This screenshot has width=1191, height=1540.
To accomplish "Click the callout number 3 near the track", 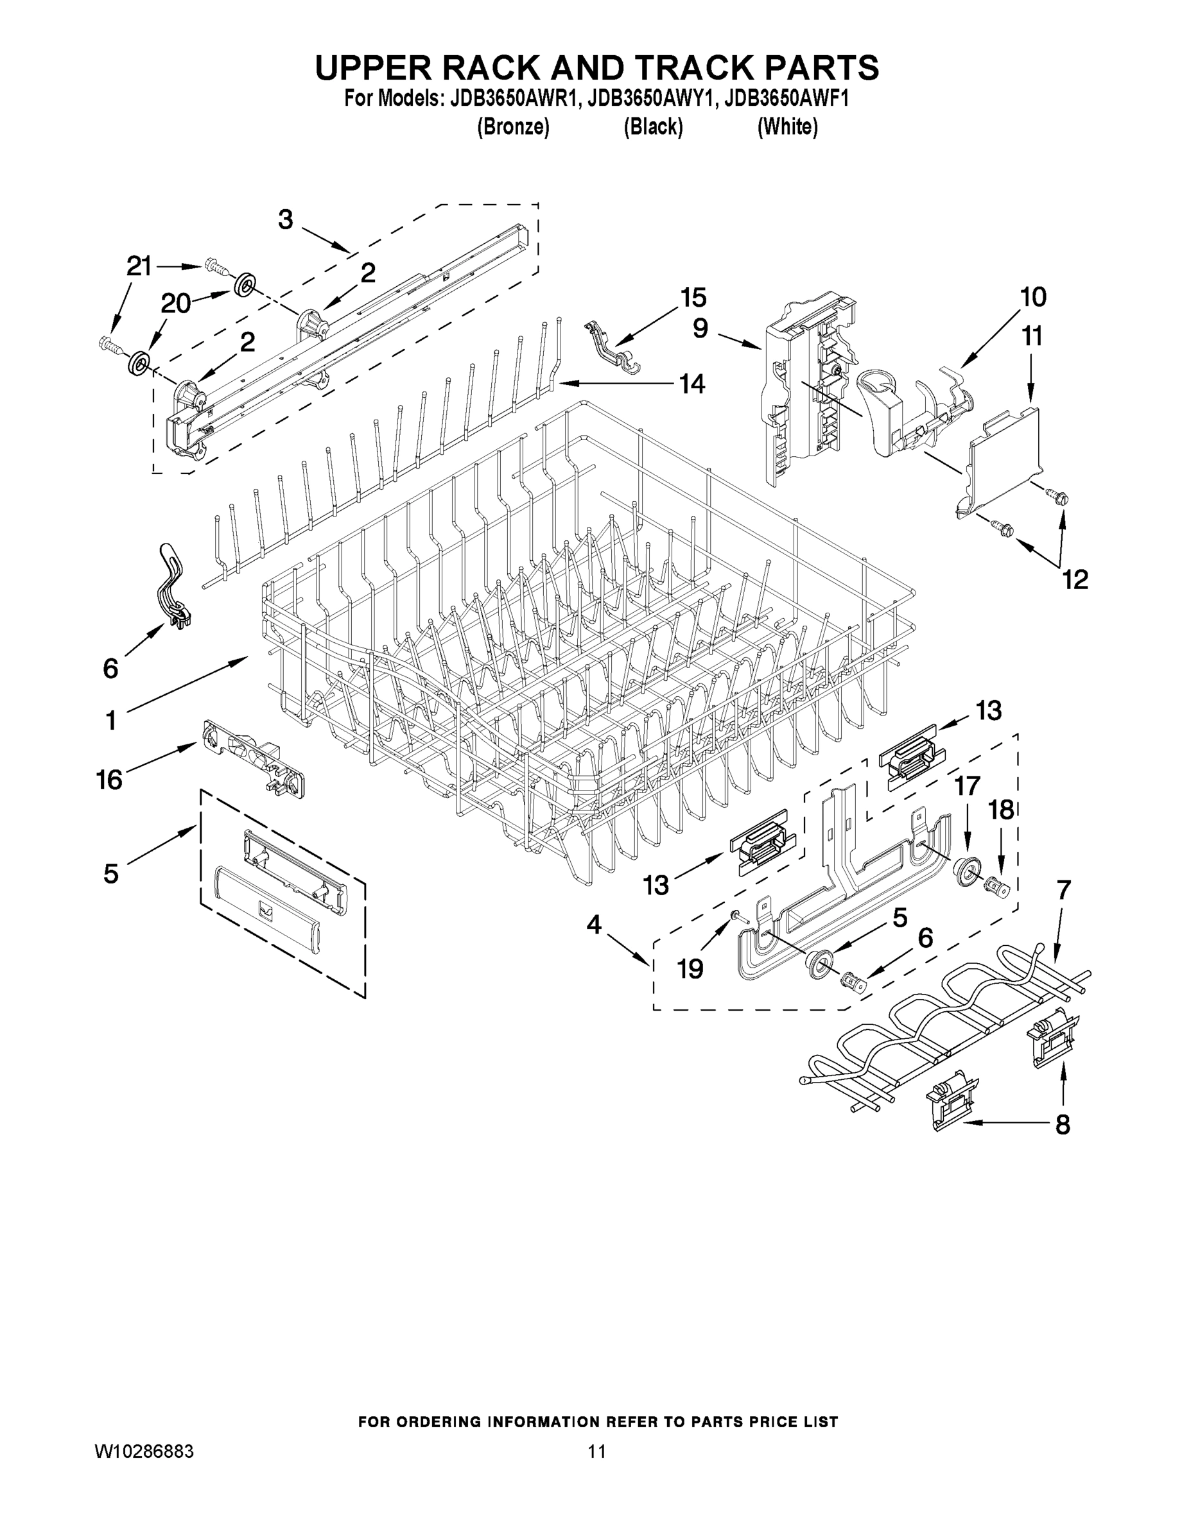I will click(285, 219).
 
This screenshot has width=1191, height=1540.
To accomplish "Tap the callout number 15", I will click(693, 298).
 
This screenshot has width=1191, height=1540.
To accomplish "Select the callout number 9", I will click(700, 328).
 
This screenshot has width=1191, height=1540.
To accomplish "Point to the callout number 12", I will click(1075, 579).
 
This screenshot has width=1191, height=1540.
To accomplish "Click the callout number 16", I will click(109, 780).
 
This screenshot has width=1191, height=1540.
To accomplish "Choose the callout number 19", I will click(690, 970).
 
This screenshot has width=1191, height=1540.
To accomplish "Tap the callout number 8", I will click(1063, 1124).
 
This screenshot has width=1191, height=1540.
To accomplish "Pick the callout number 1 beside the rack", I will click(111, 721).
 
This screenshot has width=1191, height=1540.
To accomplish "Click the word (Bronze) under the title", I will click(513, 127).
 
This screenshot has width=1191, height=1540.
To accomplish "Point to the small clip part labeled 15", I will click(612, 346).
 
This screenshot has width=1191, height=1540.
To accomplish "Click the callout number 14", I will click(692, 384).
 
